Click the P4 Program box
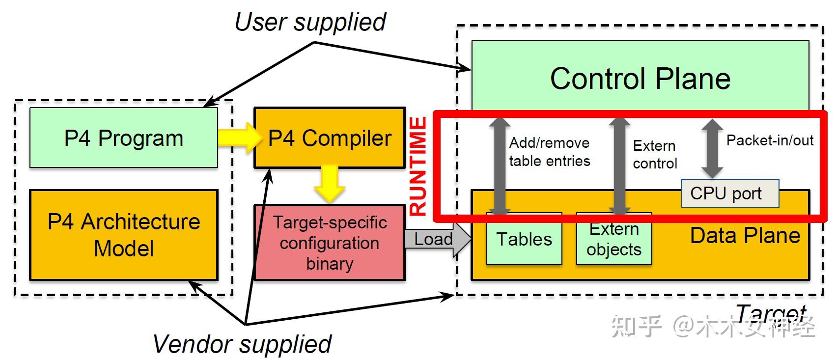[x=123, y=138]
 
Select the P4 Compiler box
[x=329, y=138]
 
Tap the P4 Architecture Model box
[x=123, y=235]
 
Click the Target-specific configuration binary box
[x=329, y=243]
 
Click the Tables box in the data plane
[x=524, y=240]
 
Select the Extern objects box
[x=613, y=240]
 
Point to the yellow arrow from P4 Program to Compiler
[x=239, y=138]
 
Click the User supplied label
[x=310, y=22]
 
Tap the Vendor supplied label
[x=242, y=344]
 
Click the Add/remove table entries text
[x=549, y=152]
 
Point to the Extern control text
[x=654, y=154]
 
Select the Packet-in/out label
[x=769, y=140]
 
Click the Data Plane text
[x=745, y=236]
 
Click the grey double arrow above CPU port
[x=712, y=148]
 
